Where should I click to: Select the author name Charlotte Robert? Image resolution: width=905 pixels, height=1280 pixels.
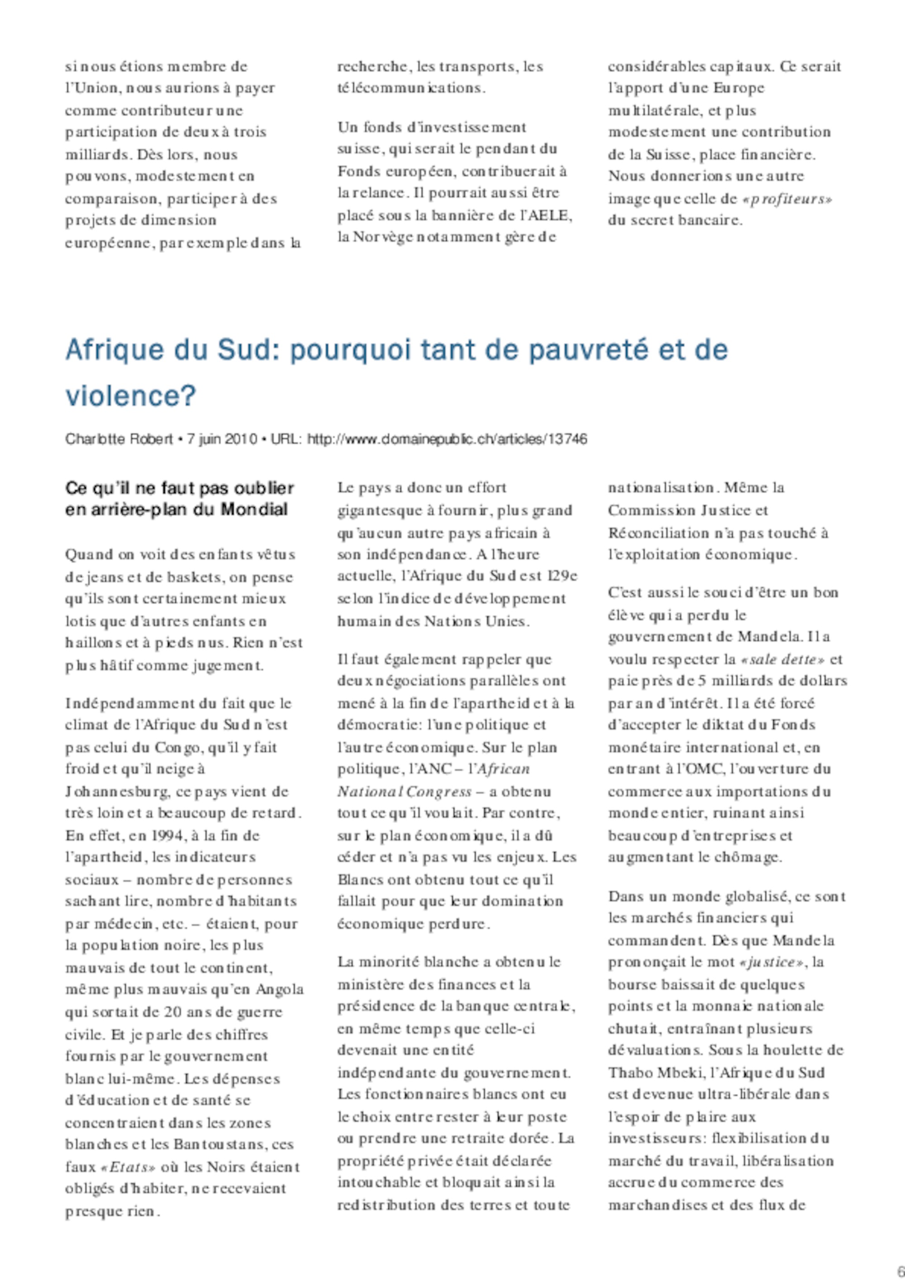pos(119,439)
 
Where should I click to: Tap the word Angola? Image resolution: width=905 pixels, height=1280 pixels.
pos(280,990)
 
